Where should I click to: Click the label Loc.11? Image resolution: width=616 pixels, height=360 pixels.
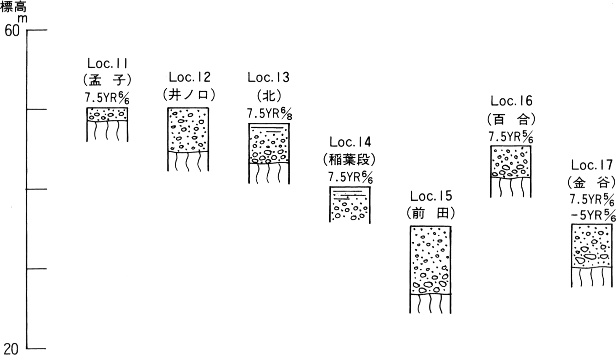pos(108,64)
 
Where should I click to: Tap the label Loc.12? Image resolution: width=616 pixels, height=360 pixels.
pos(190,77)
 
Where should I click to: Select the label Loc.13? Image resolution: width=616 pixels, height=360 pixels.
pos(269,77)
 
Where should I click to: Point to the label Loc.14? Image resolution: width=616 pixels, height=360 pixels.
pos(350,142)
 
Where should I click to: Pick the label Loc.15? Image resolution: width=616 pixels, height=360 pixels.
pos(431,196)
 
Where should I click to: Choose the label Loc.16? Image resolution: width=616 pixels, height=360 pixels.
pos(511,101)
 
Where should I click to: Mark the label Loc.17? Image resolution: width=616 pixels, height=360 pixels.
pos(592,165)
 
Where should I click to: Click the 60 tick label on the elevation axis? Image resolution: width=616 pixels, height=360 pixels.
pos(12,31)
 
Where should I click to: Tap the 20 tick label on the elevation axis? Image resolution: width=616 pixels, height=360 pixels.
pos(11,349)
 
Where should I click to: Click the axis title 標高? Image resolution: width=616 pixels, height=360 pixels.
pos(13,7)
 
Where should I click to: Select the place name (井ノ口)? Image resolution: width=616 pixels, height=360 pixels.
pos(189,95)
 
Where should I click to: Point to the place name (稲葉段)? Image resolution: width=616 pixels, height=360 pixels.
pos(349,159)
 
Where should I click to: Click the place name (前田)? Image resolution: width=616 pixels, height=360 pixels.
pos(431,213)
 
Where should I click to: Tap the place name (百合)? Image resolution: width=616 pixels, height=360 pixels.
pos(511,119)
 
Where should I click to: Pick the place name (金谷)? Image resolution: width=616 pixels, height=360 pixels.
pos(592,183)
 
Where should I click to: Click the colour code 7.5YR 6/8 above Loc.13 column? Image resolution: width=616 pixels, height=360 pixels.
pos(270,114)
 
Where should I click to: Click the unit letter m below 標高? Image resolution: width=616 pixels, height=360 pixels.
pos(23,19)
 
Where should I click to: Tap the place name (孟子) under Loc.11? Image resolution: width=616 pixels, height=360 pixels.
pos(107,80)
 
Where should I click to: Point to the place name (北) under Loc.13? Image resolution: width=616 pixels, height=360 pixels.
pos(269,96)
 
